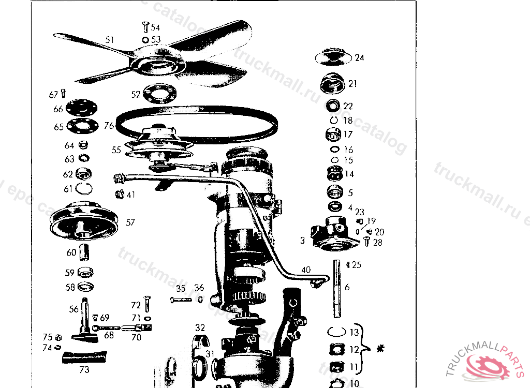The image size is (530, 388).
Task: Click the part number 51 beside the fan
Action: click(x=109, y=39)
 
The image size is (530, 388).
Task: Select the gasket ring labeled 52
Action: click(x=159, y=94)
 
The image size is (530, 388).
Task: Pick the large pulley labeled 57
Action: click(x=84, y=221)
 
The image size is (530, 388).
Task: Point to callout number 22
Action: click(x=348, y=106)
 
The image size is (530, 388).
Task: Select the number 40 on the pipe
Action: click(x=306, y=270)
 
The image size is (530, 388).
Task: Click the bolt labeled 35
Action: click(x=181, y=299)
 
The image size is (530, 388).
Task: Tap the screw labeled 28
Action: click(x=367, y=241)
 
